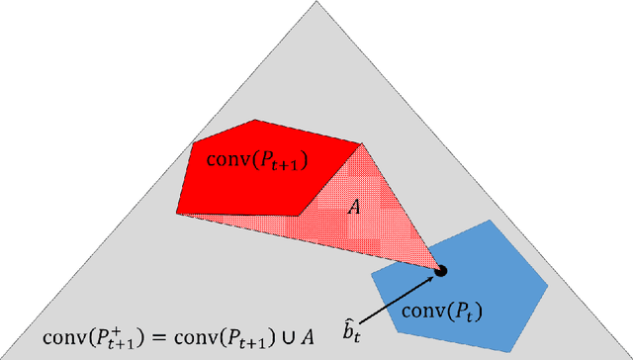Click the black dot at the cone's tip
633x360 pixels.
pyautogui.click(x=442, y=270)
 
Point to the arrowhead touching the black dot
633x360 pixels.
pyautogui.click(x=432, y=277)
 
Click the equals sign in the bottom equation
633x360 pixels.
pyautogui.click(x=157, y=337)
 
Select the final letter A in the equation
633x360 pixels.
pyautogui.click(x=309, y=336)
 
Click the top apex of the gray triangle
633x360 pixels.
pyautogui.click(x=316, y=3)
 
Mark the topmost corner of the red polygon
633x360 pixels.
pyautogui.click(x=256, y=121)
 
